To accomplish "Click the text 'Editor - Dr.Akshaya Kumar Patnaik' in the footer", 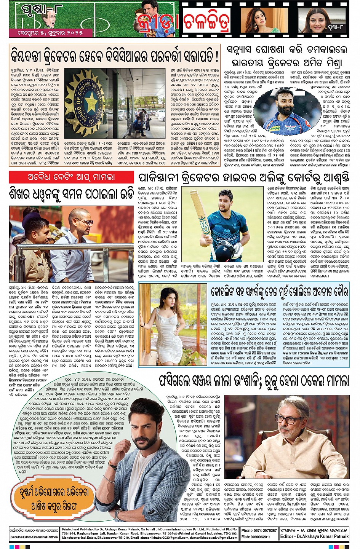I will click(x=314, y=536).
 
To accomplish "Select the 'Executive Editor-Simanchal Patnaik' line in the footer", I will click(x=34, y=537).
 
